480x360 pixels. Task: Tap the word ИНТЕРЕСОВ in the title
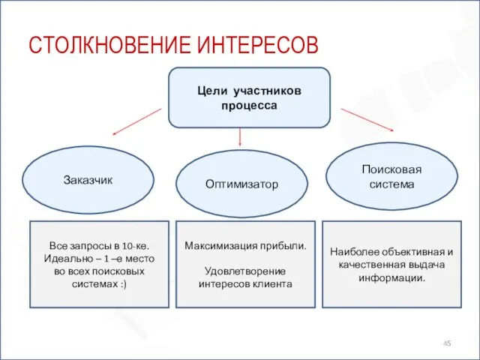click(x=258, y=46)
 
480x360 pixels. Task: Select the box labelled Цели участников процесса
click(x=249, y=98)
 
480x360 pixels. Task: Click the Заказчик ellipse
click(x=88, y=180)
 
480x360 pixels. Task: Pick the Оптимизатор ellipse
click(x=241, y=184)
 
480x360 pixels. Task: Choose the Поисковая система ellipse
click(x=391, y=176)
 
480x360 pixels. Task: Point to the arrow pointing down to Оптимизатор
click(x=240, y=136)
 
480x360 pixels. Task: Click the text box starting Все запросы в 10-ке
click(x=98, y=264)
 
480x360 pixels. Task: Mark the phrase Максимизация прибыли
click(x=245, y=245)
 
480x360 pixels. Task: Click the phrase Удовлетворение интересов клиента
click(x=245, y=277)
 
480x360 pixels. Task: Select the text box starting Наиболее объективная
click(x=391, y=264)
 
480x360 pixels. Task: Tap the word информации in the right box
click(x=391, y=277)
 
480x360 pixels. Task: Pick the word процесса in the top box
click(x=249, y=105)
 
